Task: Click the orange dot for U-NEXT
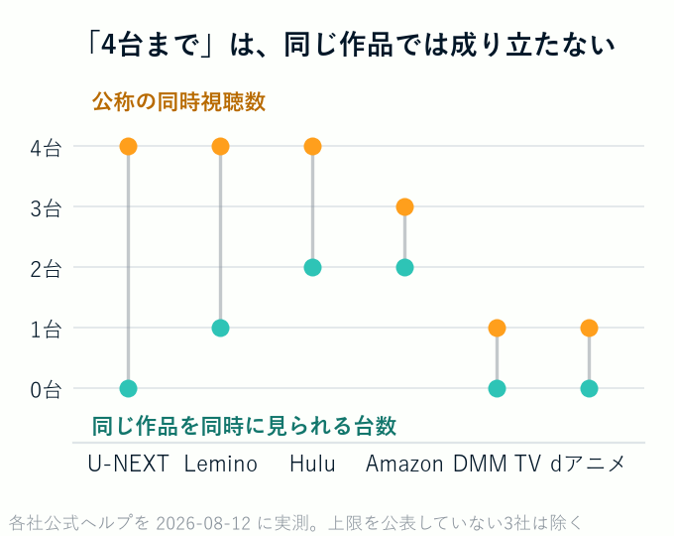(129, 146)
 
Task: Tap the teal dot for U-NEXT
(129, 388)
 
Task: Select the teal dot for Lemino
(220, 329)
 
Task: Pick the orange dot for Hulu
(312, 146)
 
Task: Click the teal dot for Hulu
(312, 267)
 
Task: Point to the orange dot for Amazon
(405, 207)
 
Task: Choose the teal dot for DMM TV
(497, 388)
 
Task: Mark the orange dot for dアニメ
(589, 329)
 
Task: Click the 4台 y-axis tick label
(46, 149)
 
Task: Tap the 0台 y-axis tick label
(46, 390)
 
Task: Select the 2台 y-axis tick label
(46, 270)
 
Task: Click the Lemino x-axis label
(220, 464)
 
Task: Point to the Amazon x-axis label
(404, 465)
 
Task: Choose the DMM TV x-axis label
(497, 464)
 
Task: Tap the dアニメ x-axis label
(588, 464)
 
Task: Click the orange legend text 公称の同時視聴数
(178, 102)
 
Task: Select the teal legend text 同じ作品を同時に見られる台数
(244, 426)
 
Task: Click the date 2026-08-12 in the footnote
(203, 523)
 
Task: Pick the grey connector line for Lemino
(220, 237)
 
